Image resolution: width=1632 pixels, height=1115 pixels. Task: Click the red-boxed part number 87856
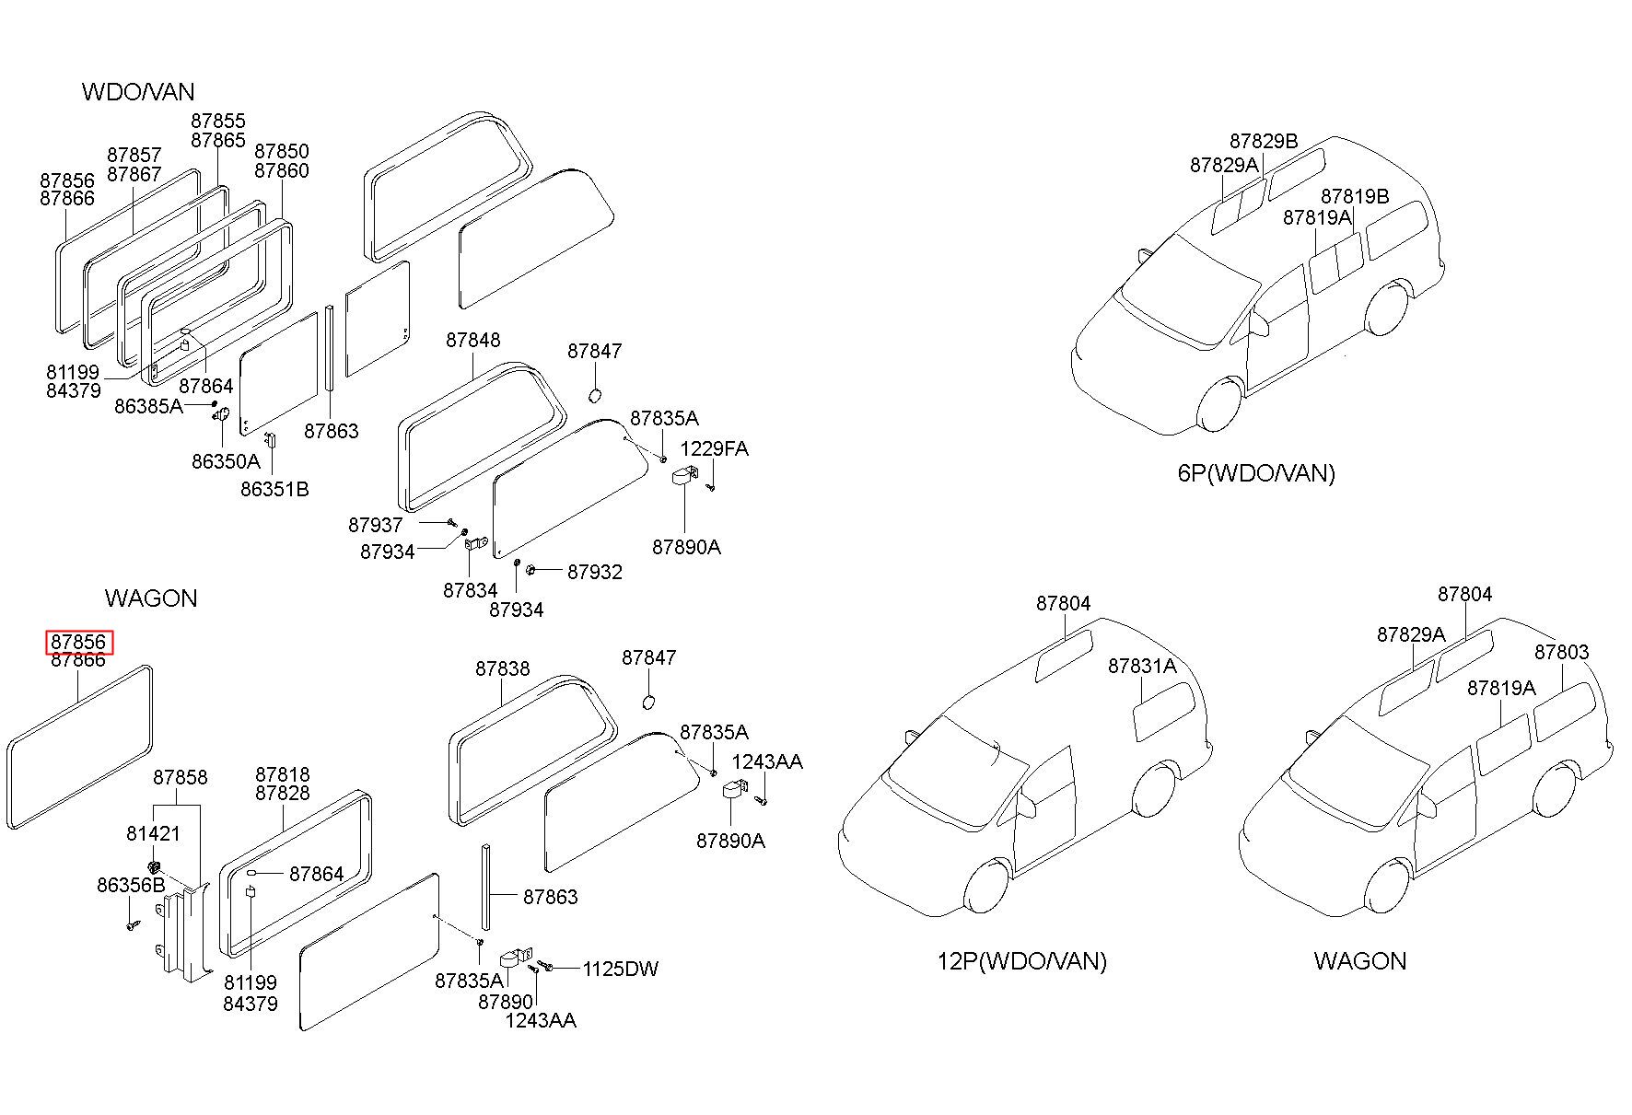[79, 642]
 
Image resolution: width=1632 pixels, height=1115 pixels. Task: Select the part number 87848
[473, 341]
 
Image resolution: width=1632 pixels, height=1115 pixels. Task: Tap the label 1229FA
[714, 449]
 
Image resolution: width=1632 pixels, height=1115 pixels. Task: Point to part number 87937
[376, 526]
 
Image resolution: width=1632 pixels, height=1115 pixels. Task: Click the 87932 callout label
[595, 573]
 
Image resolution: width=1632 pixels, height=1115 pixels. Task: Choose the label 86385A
[149, 406]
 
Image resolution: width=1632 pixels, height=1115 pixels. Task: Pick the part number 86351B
[274, 490]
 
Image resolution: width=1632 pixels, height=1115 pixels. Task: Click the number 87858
[181, 778]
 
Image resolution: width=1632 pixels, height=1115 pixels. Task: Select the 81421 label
[153, 834]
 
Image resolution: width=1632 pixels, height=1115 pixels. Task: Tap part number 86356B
[131, 886]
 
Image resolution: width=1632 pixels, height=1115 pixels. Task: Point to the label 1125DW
[621, 970]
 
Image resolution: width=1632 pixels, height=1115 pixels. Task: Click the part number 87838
[503, 669]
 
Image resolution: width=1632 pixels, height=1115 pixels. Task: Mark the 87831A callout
[1142, 667]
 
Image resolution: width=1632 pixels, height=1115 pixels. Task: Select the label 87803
[1562, 653]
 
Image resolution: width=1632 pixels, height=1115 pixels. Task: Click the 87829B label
[1264, 142]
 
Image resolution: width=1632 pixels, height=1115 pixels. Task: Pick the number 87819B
[1355, 197]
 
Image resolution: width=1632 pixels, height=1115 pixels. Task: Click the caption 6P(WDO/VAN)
[1256, 474]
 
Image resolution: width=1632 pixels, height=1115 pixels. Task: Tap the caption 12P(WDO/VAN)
[1022, 962]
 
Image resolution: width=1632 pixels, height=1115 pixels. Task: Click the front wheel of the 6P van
[1220, 406]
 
